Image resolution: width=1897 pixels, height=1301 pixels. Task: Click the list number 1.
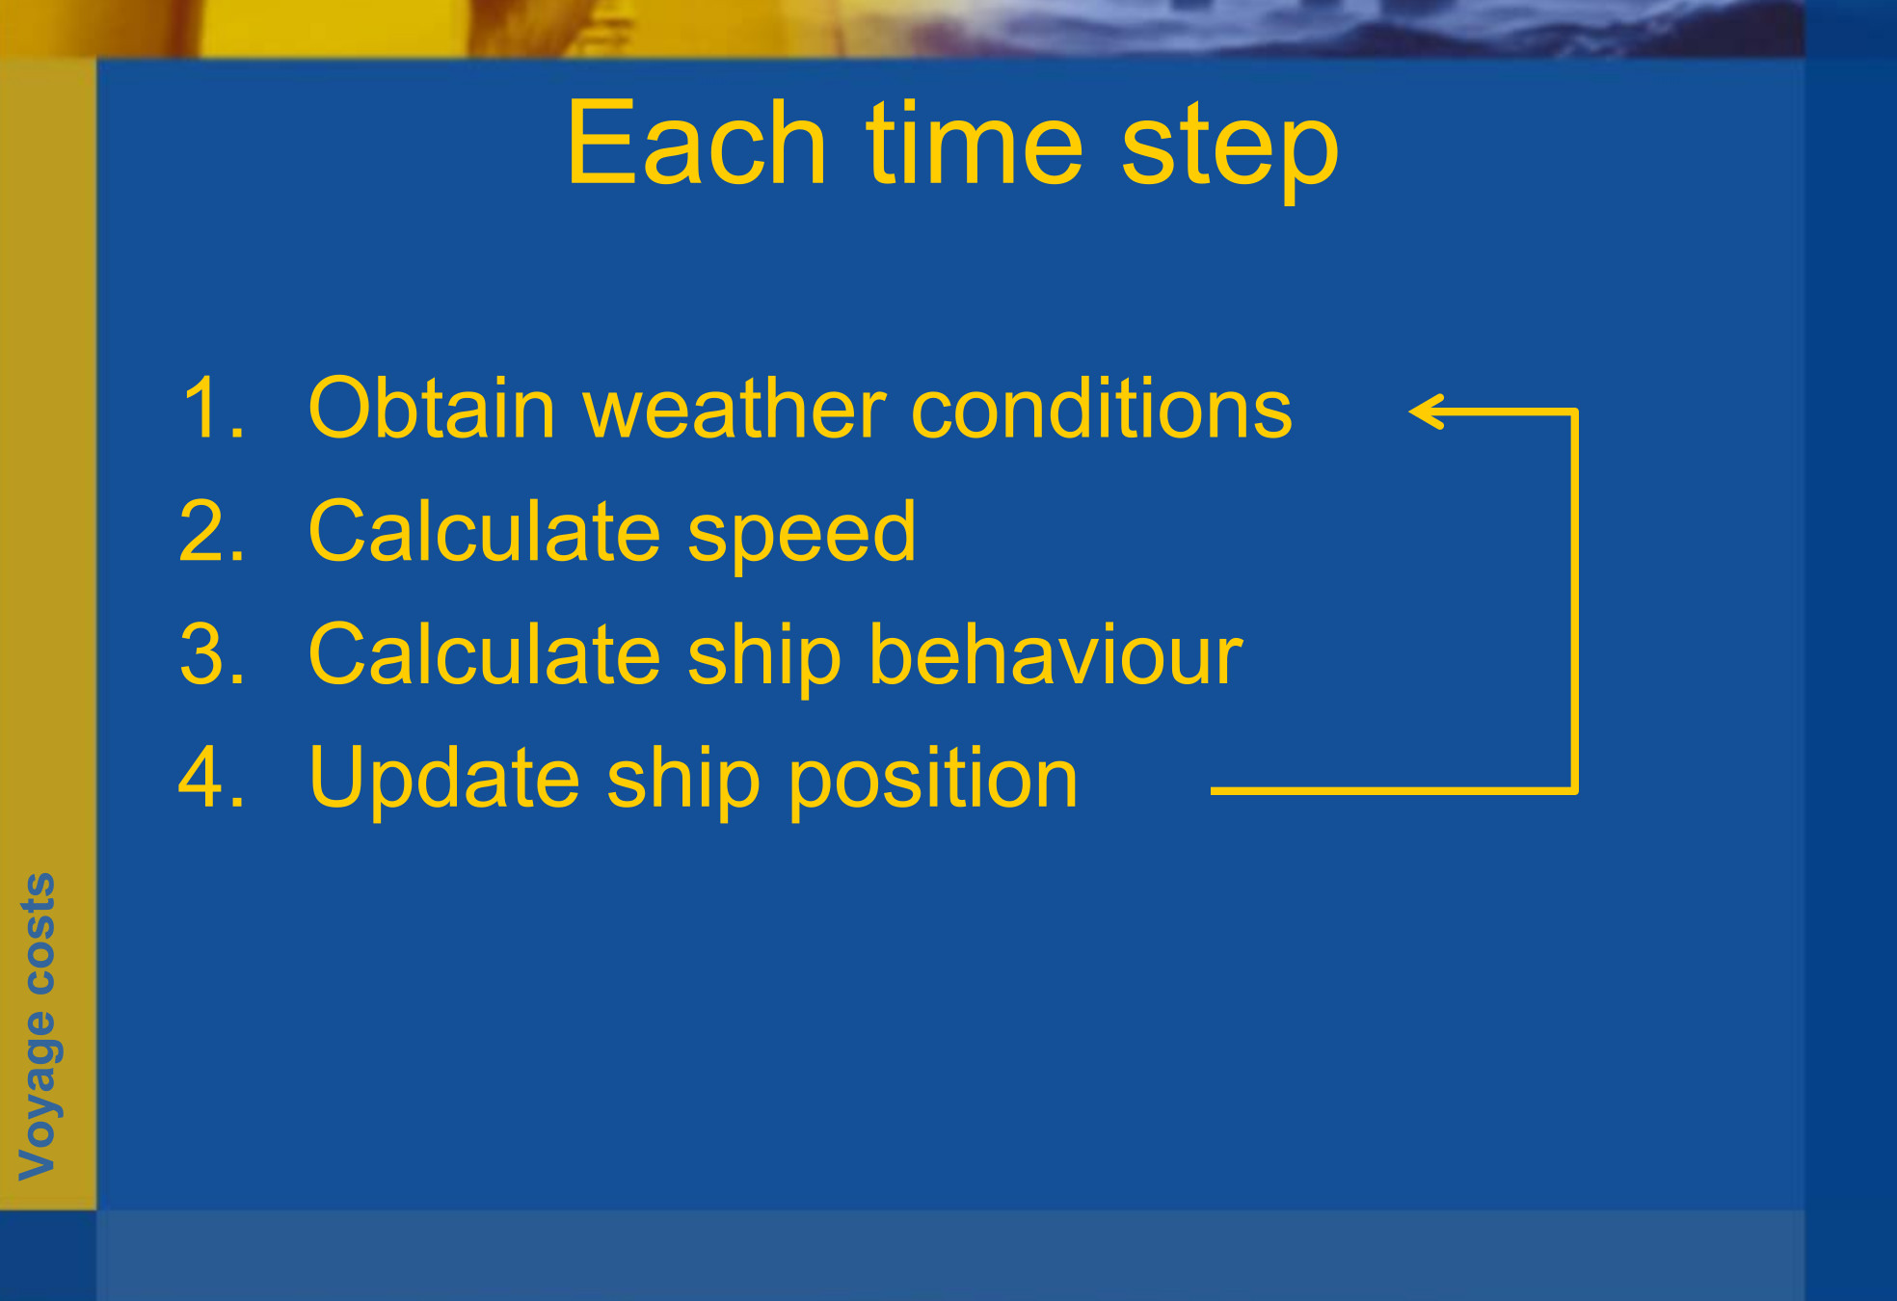click(x=212, y=408)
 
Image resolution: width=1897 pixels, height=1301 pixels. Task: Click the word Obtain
click(x=432, y=408)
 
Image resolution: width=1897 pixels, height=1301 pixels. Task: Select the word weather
click(x=735, y=408)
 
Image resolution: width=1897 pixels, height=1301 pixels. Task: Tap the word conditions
click(x=1102, y=408)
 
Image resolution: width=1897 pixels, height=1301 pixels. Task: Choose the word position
click(x=934, y=782)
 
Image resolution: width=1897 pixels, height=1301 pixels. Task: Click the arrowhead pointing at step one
click(x=1426, y=412)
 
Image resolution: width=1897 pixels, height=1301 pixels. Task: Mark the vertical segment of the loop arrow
click(x=1574, y=601)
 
